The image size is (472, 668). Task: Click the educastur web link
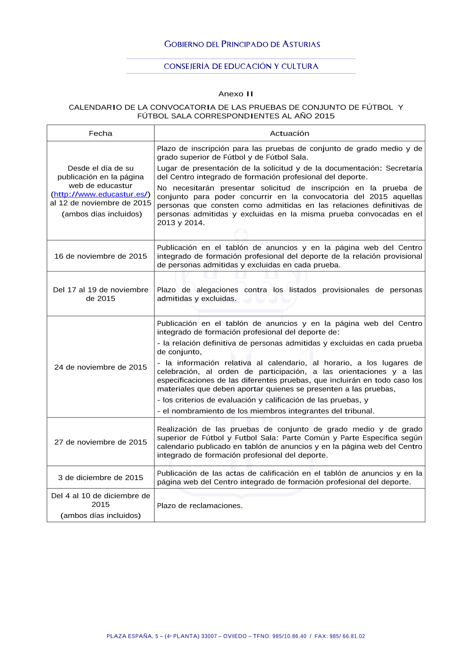click(x=101, y=194)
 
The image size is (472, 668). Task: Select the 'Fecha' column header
click(x=101, y=134)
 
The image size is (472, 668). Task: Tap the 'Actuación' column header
click(x=289, y=134)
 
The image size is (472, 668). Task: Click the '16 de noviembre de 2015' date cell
click(x=101, y=256)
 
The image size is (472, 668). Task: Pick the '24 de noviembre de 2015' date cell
click(x=101, y=367)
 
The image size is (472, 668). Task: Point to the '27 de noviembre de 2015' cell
click(x=101, y=442)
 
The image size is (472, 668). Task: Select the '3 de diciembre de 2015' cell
click(x=101, y=478)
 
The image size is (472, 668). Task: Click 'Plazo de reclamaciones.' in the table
click(x=200, y=506)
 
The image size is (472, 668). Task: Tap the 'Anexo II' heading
click(x=236, y=94)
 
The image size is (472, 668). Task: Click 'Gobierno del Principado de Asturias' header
click(x=242, y=44)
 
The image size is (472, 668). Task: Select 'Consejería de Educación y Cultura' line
click(x=241, y=67)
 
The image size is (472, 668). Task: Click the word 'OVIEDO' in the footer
click(x=235, y=636)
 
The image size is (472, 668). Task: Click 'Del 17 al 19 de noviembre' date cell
click(x=101, y=290)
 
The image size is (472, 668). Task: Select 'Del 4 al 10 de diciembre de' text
click(x=101, y=496)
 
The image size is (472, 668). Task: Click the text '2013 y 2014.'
click(x=181, y=223)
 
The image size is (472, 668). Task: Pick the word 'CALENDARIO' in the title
click(x=95, y=108)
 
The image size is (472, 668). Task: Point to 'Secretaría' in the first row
click(x=404, y=169)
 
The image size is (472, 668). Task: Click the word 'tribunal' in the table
click(x=359, y=411)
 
